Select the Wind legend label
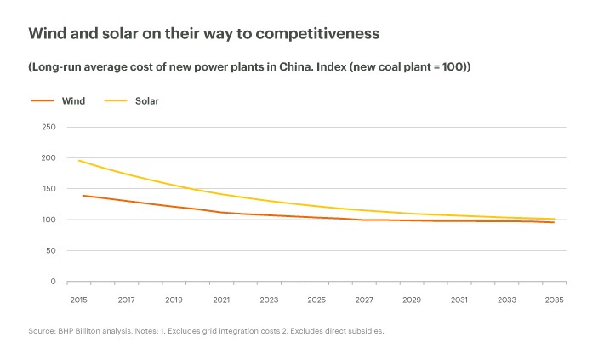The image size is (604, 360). point(73,100)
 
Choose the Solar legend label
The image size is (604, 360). point(147,100)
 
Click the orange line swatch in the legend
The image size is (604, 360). point(42,100)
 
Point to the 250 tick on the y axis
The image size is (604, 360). point(48,128)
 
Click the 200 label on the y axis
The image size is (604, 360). point(48,158)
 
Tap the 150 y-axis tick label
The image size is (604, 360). point(48,189)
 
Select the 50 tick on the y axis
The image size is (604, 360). point(50,250)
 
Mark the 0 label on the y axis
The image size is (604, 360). point(53,281)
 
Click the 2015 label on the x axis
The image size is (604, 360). point(78,300)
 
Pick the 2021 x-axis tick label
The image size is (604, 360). point(221,300)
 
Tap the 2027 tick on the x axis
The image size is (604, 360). point(364,300)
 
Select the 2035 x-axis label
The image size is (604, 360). point(555,300)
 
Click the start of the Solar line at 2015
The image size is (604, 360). point(78,161)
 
